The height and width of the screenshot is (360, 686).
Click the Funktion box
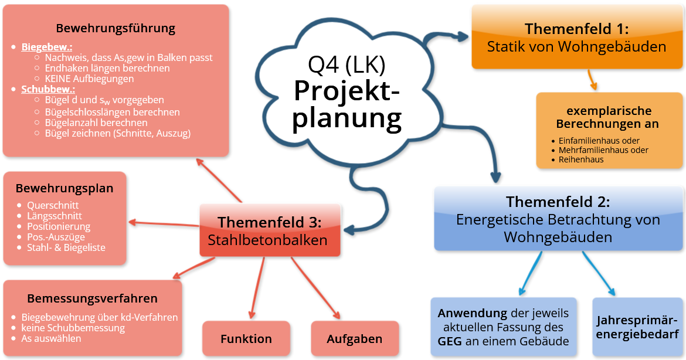click(x=246, y=338)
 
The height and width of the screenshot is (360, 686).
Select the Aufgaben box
click(x=354, y=338)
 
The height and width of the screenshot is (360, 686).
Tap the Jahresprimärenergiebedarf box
click(x=637, y=327)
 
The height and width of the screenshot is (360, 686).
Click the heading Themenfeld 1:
click(x=576, y=29)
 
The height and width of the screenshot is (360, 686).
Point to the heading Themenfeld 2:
click(x=558, y=202)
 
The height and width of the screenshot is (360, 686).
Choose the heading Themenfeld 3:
click(x=270, y=223)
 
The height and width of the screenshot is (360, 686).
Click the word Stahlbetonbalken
click(x=267, y=240)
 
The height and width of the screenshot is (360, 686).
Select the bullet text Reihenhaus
click(x=581, y=159)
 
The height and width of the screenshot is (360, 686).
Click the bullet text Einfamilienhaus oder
click(x=599, y=141)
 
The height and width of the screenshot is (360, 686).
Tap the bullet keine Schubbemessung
click(x=73, y=328)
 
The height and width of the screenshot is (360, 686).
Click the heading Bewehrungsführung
click(x=116, y=28)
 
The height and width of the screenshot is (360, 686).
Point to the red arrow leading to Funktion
click(x=257, y=287)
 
